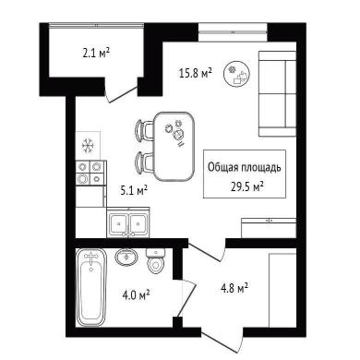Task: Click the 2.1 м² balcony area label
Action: click(x=96, y=54)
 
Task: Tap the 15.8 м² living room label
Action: click(x=196, y=73)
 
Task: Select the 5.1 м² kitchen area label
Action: click(x=134, y=190)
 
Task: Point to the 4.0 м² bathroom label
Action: click(x=136, y=295)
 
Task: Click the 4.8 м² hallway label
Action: click(x=234, y=288)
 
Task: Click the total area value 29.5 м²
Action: click(x=247, y=186)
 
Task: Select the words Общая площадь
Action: click(x=245, y=168)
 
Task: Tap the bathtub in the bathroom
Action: click(x=91, y=288)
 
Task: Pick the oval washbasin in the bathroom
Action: click(x=126, y=256)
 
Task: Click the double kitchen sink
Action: click(x=128, y=222)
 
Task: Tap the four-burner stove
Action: click(x=90, y=173)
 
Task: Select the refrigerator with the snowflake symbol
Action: click(x=88, y=146)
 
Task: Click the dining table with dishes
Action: click(x=174, y=147)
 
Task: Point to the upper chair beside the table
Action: click(x=145, y=130)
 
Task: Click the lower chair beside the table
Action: click(x=145, y=163)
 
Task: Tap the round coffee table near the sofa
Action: click(x=236, y=74)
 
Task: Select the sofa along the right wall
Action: click(x=277, y=94)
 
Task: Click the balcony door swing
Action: click(x=121, y=94)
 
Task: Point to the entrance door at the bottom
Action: click(x=222, y=341)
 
